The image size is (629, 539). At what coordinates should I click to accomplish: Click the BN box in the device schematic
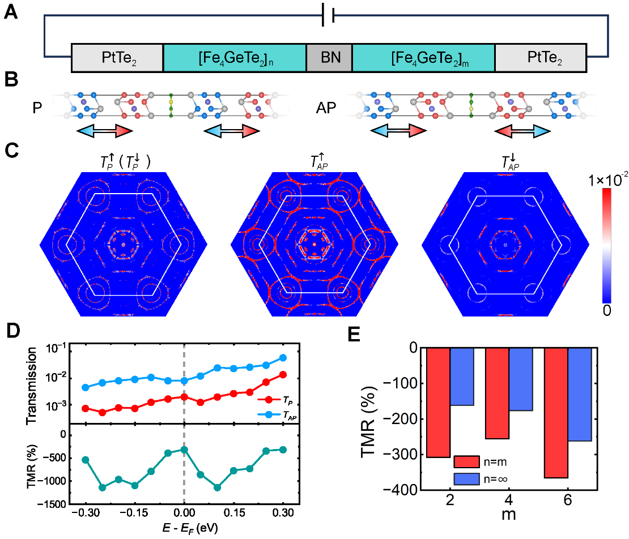click(329, 57)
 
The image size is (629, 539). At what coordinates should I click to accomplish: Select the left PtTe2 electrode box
click(117, 57)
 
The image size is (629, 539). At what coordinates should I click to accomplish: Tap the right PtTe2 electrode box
click(540, 57)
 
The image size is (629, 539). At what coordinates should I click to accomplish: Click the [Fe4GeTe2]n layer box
click(234, 57)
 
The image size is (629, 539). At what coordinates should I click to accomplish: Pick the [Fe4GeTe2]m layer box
click(423, 57)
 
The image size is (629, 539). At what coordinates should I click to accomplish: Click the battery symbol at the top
click(328, 16)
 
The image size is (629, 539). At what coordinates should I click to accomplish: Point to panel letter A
click(11, 12)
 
